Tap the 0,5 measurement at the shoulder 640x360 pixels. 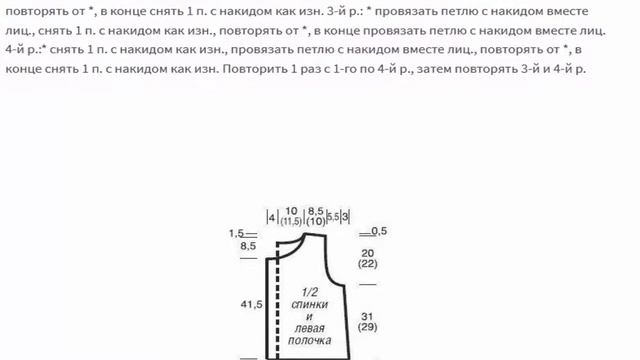point(379,231)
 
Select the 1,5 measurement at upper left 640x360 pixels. point(236,233)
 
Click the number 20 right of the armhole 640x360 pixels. point(367,252)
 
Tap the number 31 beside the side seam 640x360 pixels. point(367,316)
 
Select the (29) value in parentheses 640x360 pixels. point(367,327)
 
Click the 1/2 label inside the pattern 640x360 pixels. point(311,291)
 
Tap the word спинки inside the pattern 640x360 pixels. point(311,303)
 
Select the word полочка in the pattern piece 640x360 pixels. point(311,340)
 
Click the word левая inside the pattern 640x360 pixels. point(311,328)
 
